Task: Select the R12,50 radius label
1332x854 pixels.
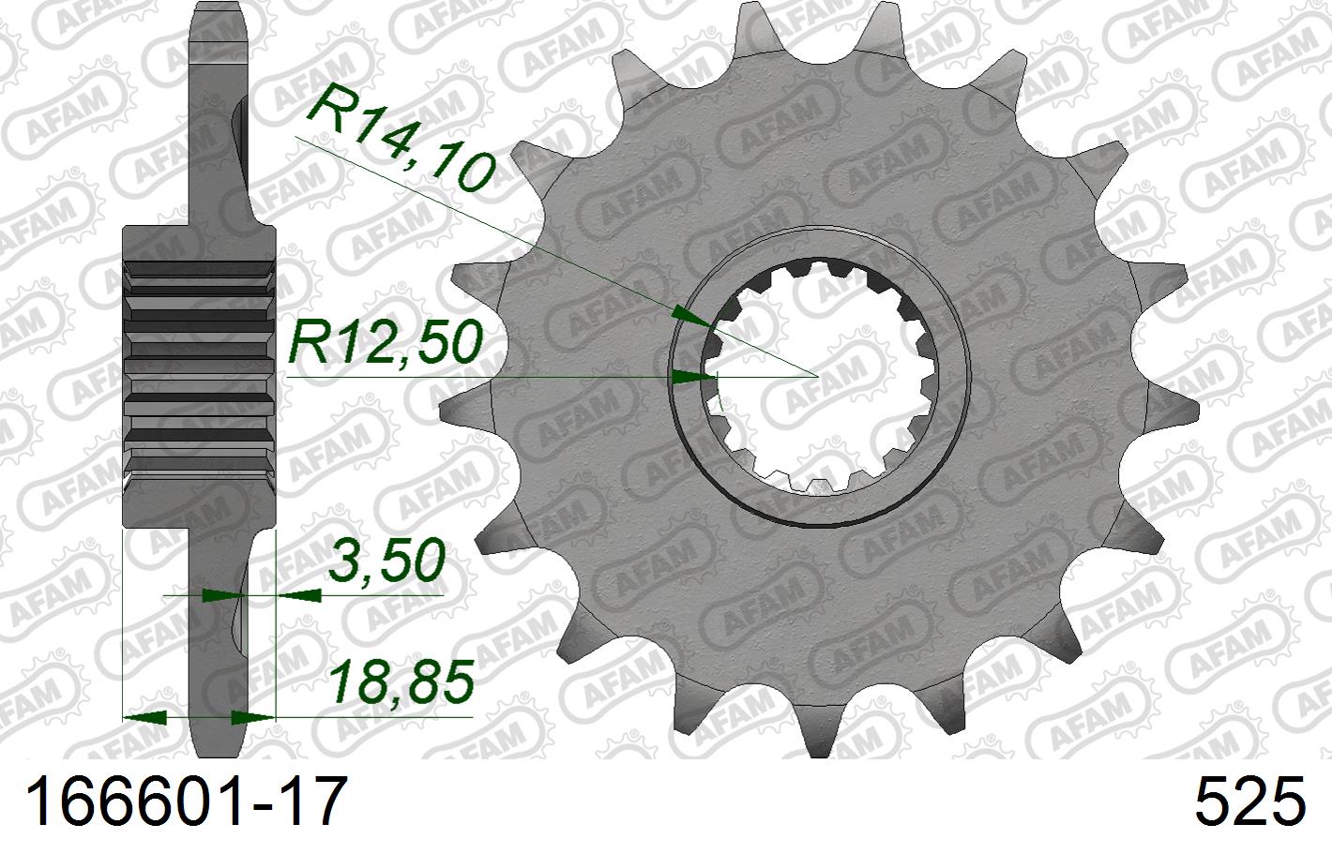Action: point(385,342)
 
